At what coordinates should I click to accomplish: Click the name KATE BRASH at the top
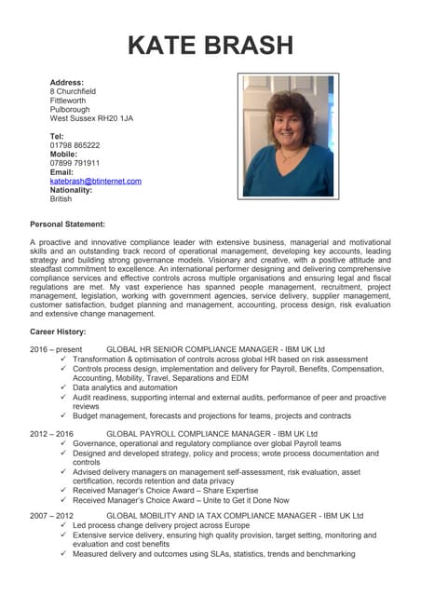tap(210, 44)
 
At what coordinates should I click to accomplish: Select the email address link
tap(95, 181)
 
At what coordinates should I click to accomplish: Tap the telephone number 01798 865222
tap(75, 145)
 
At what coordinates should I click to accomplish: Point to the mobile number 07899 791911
tap(75, 163)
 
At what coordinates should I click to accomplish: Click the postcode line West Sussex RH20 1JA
tap(91, 118)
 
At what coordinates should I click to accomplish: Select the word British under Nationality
tap(61, 198)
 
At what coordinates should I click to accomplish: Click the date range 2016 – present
tap(57, 349)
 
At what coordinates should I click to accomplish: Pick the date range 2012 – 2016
tap(52, 434)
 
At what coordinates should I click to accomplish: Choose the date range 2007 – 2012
tap(52, 515)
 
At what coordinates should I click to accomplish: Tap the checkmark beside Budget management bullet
tap(62, 416)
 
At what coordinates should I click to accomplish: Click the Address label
tap(67, 83)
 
